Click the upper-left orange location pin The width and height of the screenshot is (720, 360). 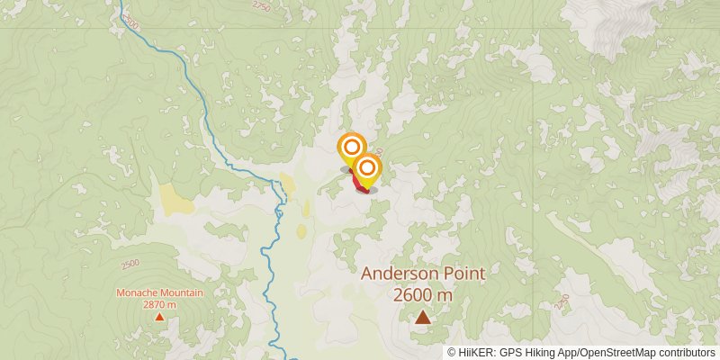(x=352, y=148)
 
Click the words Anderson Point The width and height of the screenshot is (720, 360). (x=423, y=274)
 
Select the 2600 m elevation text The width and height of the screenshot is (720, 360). (x=422, y=294)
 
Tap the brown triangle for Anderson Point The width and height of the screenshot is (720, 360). (x=422, y=316)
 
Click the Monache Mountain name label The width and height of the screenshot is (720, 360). (x=159, y=293)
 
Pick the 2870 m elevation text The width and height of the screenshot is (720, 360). (x=159, y=304)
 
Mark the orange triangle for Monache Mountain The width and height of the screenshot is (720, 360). (x=159, y=316)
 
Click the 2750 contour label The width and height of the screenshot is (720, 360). (x=261, y=6)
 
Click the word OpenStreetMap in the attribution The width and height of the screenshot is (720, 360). (x=612, y=352)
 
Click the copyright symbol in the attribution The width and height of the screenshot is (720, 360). (x=452, y=352)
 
